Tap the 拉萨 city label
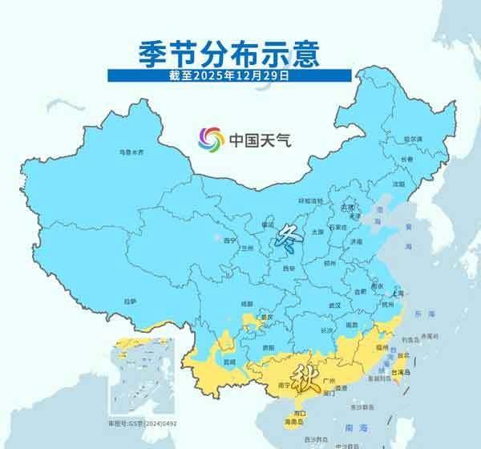coord(130,301)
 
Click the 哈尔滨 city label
coord(412,139)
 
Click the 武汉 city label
coord(335,305)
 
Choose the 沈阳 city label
coord(398,183)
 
